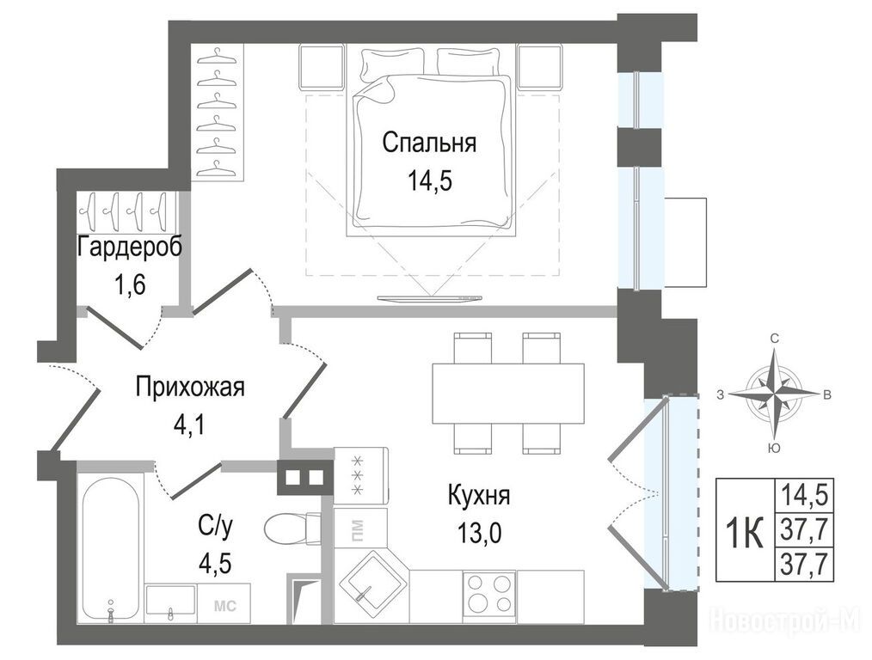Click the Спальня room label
pyautogui.click(x=429, y=143)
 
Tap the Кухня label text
pyautogui.click(x=479, y=495)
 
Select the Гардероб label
pyautogui.click(x=130, y=247)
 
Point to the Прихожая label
pyautogui.click(x=190, y=388)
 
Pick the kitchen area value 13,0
pyautogui.click(x=479, y=534)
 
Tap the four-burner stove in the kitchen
pyautogui.click(x=488, y=594)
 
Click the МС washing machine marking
pyautogui.click(x=225, y=606)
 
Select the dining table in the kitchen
pyautogui.click(x=508, y=394)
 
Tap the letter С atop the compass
pyautogui.click(x=774, y=339)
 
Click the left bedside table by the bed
pyautogui.click(x=322, y=67)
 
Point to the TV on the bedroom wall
pyautogui.click(x=429, y=298)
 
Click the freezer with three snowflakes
pyautogui.click(x=360, y=475)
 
